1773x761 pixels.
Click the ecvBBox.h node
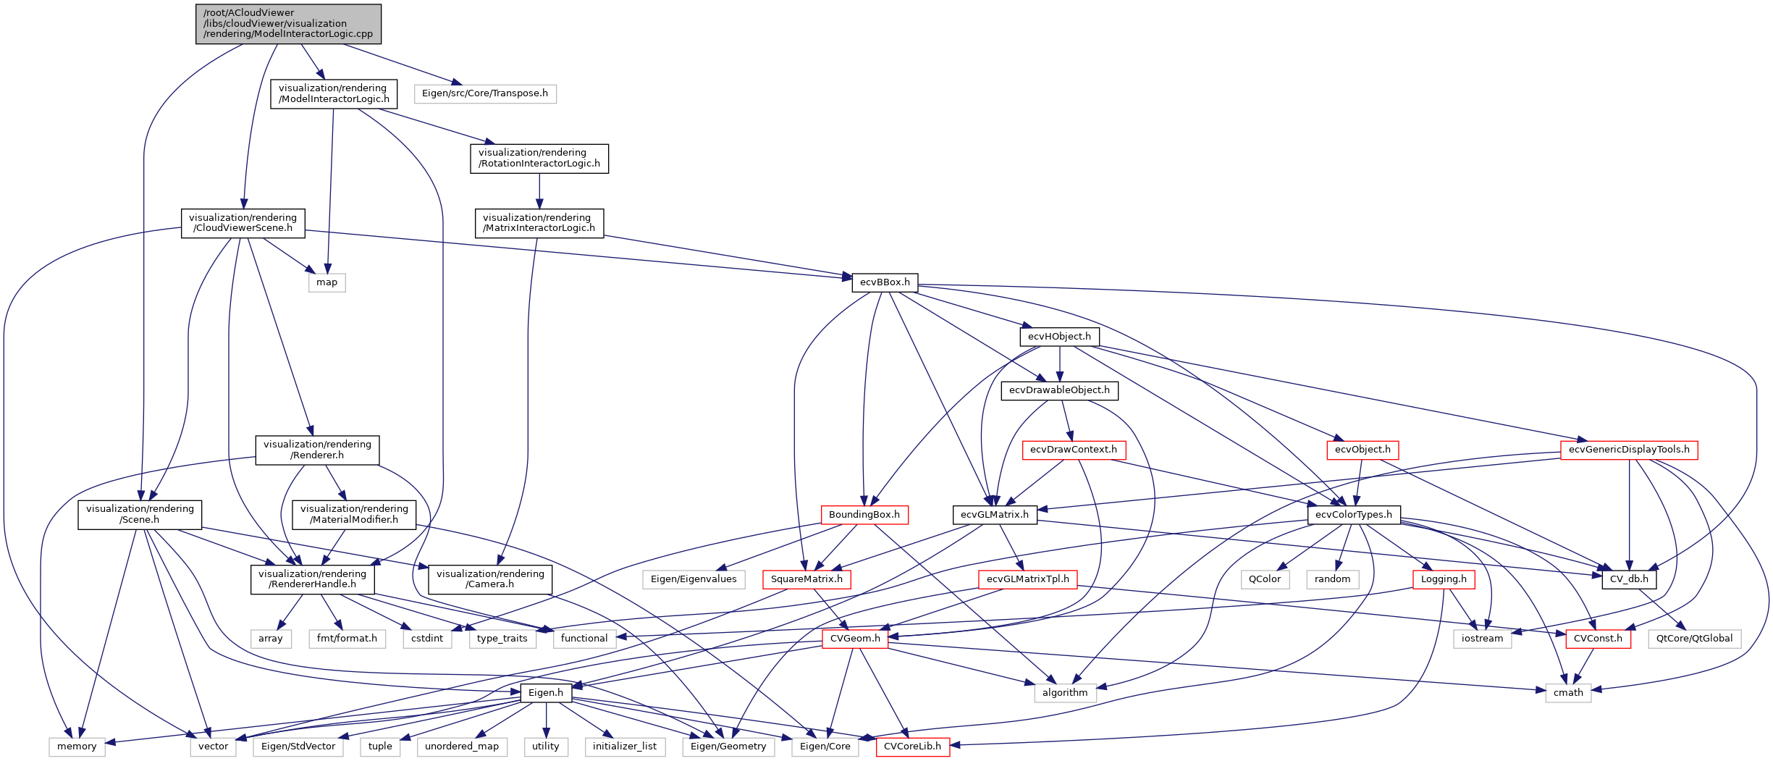885,282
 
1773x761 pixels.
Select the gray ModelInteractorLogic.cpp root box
288,24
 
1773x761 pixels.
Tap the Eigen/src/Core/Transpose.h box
485,93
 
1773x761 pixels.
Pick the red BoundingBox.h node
864,515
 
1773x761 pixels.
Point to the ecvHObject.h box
1059,337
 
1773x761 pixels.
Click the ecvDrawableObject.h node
1059,390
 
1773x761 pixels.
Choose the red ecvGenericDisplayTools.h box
1629,450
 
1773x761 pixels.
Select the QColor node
1265,579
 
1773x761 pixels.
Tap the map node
327,282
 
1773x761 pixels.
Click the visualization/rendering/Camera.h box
490,579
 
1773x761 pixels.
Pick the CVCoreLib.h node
912,747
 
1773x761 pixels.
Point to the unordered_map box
462,747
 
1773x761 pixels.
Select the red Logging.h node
1444,579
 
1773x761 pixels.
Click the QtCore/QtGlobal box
1694,639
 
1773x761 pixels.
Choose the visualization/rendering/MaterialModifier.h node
354,514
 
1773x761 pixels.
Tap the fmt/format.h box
347,639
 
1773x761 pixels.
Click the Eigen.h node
546,693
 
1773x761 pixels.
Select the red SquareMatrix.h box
807,579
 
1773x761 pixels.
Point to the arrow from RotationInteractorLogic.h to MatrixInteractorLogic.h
539,191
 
